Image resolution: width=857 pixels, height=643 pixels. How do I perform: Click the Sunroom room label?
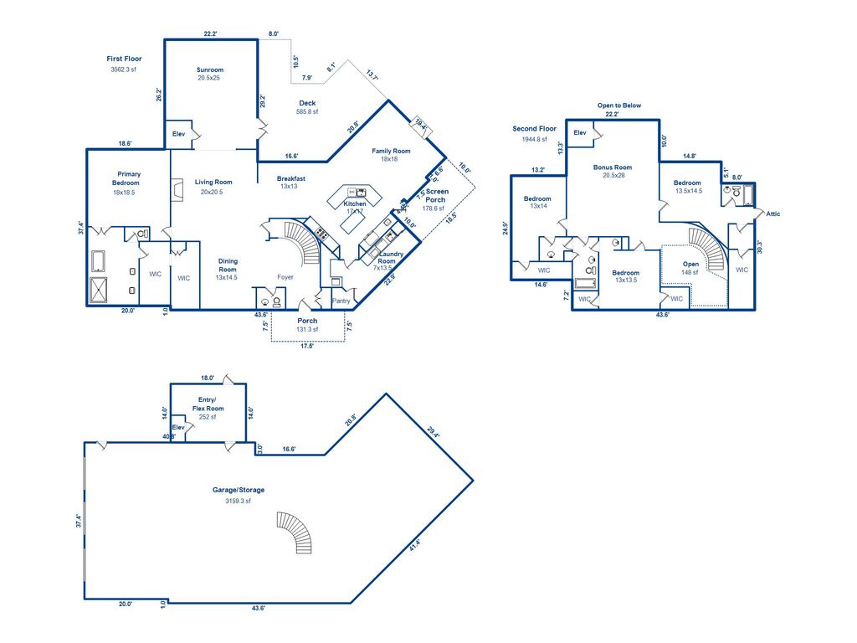tap(210, 69)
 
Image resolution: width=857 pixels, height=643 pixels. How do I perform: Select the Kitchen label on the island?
tap(355, 203)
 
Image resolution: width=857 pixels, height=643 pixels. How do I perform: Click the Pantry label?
tap(341, 301)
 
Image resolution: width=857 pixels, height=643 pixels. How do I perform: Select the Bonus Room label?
tap(613, 167)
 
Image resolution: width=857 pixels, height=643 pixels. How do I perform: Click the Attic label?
tap(773, 213)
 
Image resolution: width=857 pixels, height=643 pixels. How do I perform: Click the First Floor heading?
tap(124, 59)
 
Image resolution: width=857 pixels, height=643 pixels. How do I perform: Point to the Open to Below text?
tap(619, 105)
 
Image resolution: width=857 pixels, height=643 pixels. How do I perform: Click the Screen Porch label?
tap(438, 195)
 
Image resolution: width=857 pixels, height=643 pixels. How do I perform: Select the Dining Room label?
tap(228, 265)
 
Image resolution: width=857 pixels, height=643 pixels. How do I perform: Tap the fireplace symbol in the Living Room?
tap(177, 192)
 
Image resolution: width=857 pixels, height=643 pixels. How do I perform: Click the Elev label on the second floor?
tap(580, 132)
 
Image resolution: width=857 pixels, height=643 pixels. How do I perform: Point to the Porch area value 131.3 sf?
tap(307, 330)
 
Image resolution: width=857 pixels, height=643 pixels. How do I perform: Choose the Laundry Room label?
tap(392, 258)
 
